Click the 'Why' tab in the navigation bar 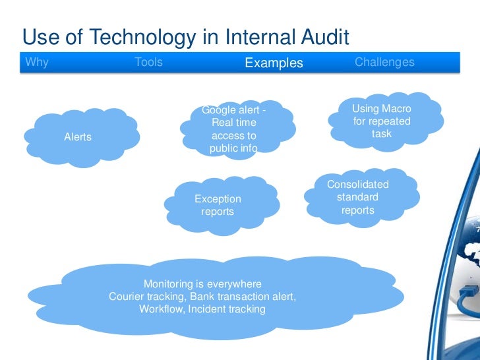click(37, 63)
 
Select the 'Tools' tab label click(148, 63)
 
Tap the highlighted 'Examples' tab click(274, 63)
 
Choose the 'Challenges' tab click(384, 63)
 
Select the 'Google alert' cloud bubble click(234, 129)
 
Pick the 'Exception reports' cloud click(218, 205)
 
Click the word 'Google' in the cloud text click(218, 110)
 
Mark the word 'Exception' click(218, 199)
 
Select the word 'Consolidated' click(358, 185)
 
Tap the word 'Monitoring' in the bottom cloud click(168, 284)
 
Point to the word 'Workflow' click(161, 309)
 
